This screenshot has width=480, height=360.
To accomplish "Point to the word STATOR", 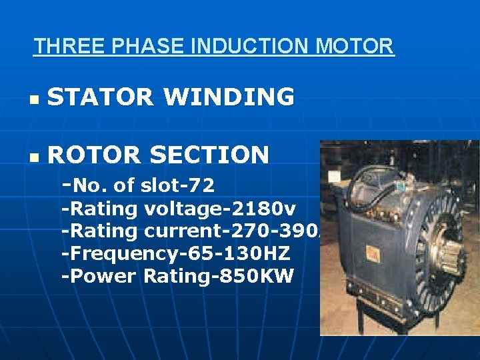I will pyautogui.click(x=99, y=97).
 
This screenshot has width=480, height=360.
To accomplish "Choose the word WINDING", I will pyautogui.click(x=229, y=97).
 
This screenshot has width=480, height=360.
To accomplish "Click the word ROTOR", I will pyautogui.click(x=94, y=155).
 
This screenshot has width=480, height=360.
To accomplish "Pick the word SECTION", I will pyautogui.click(x=209, y=155).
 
